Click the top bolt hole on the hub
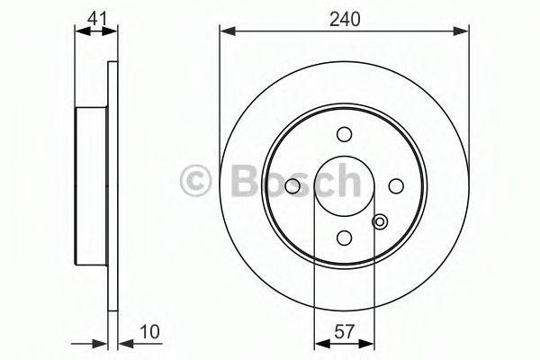[x=344, y=134]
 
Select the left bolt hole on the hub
[x=292, y=185]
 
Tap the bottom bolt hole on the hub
[x=344, y=237]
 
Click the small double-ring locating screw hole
[x=380, y=222]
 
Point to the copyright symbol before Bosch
[x=196, y=180]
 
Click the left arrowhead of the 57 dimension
[x=319, y=344]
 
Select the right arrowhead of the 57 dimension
[x=369, y=344]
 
